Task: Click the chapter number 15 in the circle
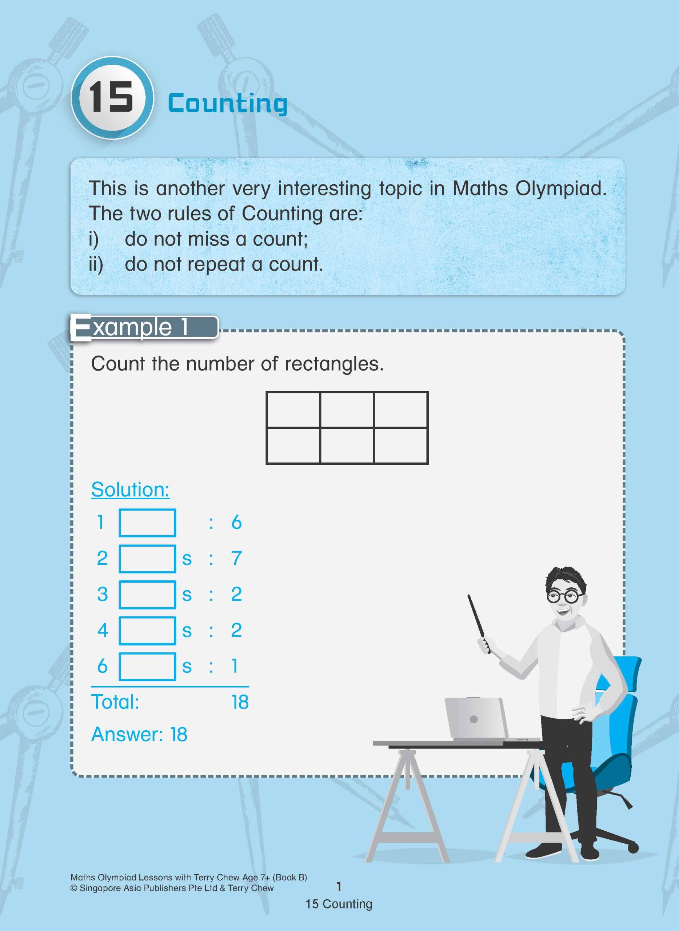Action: pos(111,98)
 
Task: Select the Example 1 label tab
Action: pos(144,328)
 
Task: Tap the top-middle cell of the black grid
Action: pos(347,410)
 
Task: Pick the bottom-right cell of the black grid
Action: pos(401,445)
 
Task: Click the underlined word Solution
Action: pos(130,490)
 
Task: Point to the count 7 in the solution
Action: pos(236,558)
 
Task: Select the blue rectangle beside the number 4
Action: pos(147,631)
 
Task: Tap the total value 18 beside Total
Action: pos(240,702)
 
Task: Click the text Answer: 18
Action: pos(139,735)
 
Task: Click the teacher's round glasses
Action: pos(565,597)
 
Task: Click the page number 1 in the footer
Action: pos(339,887)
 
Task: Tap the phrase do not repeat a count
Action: pos(224,264)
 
